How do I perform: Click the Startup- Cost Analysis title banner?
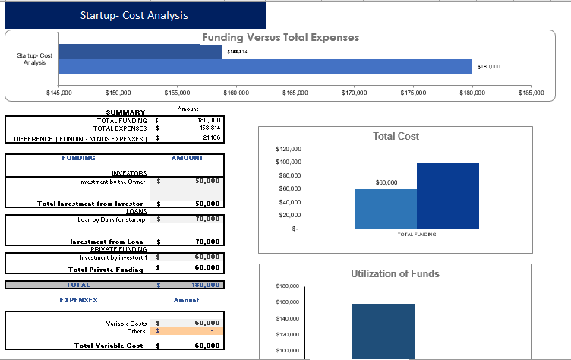(x=134, y=15)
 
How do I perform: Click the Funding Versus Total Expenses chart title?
(x=280, y=37)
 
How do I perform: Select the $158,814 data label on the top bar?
(x=237, y=52)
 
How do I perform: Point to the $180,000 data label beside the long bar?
(x=489, y=67)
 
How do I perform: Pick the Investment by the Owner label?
(x=112, y=182)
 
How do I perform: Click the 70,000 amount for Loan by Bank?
(x=207, y=219)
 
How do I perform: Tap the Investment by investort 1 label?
(x=112, y=257)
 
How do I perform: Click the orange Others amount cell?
(x=193, y=330)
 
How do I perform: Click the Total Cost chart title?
(x=396, y=136)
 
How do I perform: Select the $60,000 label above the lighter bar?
(x=386, y=182)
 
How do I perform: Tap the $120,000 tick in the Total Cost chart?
(x=288, y=149)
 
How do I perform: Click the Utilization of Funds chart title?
(x=395, y=273)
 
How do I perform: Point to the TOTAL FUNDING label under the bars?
(x=416, y=235)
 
